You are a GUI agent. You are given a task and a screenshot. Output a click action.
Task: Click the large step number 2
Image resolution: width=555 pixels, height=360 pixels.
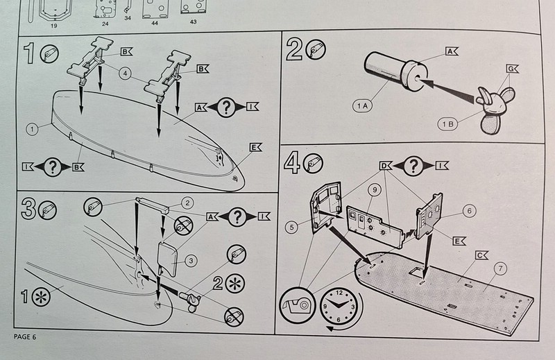tap(294, 50)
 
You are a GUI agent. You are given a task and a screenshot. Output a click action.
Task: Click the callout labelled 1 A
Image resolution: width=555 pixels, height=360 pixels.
tap(363, 105)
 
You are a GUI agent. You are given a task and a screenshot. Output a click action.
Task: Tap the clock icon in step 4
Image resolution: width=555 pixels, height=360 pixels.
tap(338, 307)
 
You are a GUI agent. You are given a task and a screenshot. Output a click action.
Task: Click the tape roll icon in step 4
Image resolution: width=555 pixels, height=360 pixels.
tap(297, 307)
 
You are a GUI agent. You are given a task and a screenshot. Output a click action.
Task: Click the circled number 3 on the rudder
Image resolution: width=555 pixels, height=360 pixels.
tap(189, 260)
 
